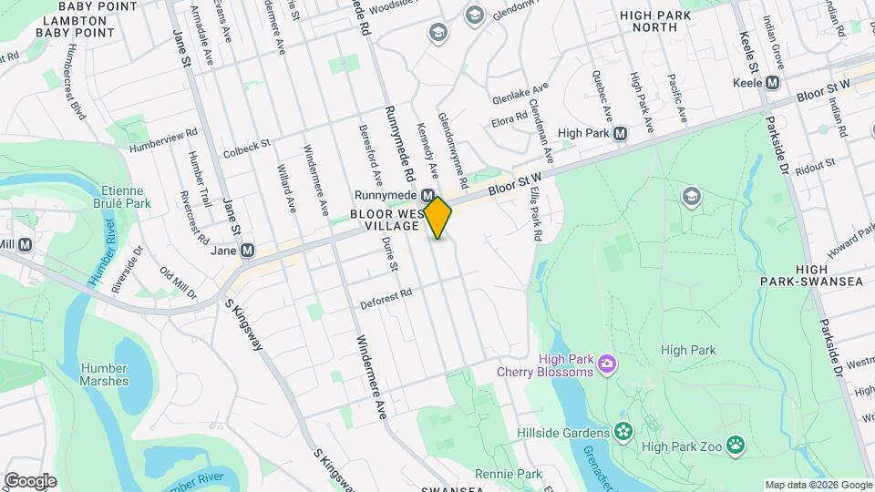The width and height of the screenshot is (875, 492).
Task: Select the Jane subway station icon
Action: (247, 251)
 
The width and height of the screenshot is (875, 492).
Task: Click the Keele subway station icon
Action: (773, 83)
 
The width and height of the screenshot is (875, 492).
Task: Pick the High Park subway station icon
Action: (620, 133)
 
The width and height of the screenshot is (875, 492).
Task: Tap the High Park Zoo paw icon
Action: (735, 446)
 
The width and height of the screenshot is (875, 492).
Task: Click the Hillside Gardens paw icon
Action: (623, 432)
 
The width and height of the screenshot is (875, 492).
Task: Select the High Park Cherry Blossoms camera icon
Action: (607, 365)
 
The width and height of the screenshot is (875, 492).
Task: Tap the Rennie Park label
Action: (509, 474)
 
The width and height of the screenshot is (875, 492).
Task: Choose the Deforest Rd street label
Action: (386, 296)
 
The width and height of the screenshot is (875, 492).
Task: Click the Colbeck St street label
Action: (246, 143)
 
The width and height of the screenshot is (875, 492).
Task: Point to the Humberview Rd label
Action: (163, 133)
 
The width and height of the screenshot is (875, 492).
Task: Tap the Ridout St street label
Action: (815, 164)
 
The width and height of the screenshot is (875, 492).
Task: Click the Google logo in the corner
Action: (30, 481)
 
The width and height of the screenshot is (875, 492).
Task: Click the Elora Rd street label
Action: (510, 118)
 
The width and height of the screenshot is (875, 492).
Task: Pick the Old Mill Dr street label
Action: (178, 283)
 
